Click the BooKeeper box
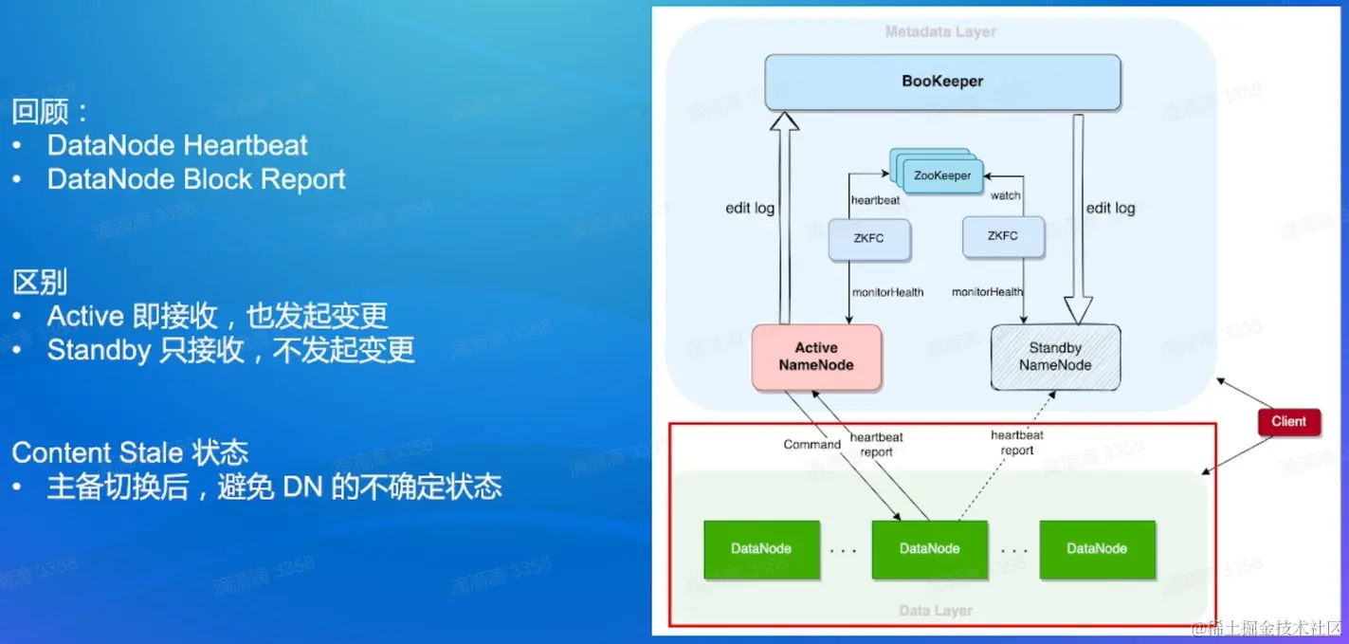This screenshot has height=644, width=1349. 942,82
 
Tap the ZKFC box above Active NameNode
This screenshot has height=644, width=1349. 869,239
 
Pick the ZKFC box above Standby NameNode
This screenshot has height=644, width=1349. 1002,236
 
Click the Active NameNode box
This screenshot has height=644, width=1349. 816,357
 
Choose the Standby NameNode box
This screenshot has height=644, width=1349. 1055,357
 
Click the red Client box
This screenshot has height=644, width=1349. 1288,421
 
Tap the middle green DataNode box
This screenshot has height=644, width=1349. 929,548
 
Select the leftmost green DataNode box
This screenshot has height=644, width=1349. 761,548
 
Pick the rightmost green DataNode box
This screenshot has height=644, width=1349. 1097,548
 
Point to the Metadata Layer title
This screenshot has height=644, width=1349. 940,32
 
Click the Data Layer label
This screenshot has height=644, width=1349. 936,611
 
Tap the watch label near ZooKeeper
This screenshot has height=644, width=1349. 1006,196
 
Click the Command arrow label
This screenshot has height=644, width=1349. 811,445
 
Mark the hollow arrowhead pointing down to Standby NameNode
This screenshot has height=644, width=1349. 1079,309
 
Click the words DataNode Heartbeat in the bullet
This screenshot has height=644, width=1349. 177,146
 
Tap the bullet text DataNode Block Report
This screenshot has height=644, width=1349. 196,180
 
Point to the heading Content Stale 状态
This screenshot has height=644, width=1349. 130,452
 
